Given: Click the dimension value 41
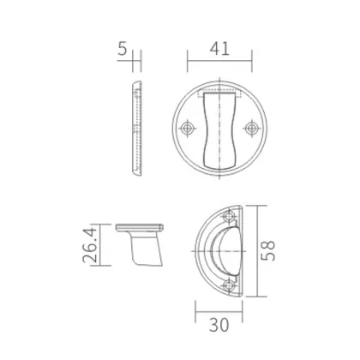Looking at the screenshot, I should click(220, 50).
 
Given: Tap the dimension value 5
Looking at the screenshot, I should click(123, 50).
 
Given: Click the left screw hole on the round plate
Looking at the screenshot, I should click(188, 129).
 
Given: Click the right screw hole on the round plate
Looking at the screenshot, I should click(251, 129).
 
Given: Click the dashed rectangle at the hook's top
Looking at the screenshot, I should click(219, 91).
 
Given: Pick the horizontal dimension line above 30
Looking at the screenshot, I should click(220, 311).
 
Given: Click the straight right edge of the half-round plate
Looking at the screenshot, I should click(243, 249).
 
